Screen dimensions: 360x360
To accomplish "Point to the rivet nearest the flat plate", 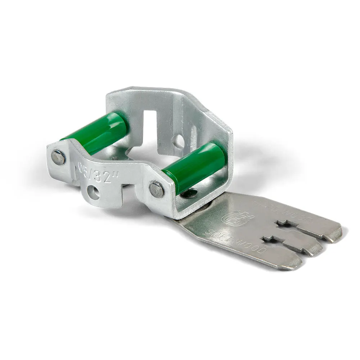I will (x=157, y=189).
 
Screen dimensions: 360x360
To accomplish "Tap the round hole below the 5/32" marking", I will (x=94, y=193).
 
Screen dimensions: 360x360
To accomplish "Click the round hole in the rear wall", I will (x=177, y=141).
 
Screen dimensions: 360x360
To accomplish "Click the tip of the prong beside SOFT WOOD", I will (x=293, y=265).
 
